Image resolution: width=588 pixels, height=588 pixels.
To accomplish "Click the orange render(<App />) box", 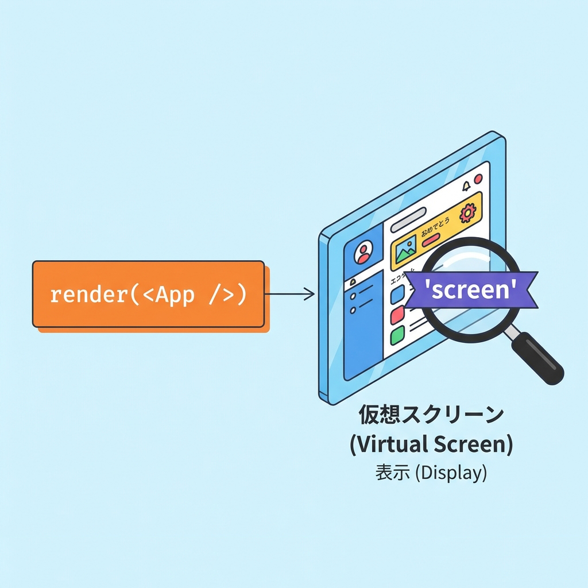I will (148, 294).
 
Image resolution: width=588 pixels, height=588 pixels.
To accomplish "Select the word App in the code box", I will (175, 295).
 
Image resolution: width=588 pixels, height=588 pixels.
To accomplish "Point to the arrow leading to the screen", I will (290, 295).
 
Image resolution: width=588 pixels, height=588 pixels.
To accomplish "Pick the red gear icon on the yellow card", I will (468, 213).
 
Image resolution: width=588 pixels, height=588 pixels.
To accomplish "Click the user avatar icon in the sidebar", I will (363, 253).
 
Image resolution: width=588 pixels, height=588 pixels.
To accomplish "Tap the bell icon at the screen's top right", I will (466, 186).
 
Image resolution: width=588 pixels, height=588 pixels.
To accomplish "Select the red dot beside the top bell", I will (478, 179).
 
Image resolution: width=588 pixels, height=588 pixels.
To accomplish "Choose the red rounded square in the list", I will (398, 315).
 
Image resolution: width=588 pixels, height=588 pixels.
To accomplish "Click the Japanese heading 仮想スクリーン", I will (431, 415).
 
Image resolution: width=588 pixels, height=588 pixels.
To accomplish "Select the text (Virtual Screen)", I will (431, 444).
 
